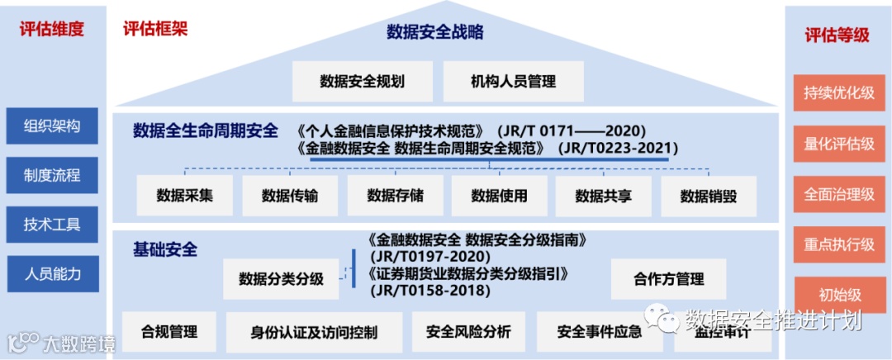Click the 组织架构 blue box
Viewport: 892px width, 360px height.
[52, 126]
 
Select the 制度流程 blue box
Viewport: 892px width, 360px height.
[52, 175]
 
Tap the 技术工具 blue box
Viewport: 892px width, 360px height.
[52, 225]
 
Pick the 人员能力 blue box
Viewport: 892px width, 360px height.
[52, 273]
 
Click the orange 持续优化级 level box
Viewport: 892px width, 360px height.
[838, 93]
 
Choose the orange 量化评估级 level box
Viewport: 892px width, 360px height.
[838, 144]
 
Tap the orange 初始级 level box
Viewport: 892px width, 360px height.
[838, 295]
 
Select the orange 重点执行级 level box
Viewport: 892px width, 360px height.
[838, 244]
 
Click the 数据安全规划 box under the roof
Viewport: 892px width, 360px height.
[363, 82]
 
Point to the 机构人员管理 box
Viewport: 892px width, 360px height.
[513, 82]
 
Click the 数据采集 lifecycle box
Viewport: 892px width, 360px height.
[184, 196]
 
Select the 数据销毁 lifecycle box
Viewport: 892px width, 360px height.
[708, 196]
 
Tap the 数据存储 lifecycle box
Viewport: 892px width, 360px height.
[395, 196]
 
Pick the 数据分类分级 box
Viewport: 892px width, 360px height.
[281, 278]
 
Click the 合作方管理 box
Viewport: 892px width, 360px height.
[668, 278]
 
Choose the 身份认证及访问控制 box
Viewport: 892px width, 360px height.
[314, 332]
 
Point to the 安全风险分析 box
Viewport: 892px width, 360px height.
[468, 332]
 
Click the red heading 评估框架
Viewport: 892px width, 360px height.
[155, 30]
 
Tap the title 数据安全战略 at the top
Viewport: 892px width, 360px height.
[434, 33]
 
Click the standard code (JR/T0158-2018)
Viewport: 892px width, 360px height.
[430, 291]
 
